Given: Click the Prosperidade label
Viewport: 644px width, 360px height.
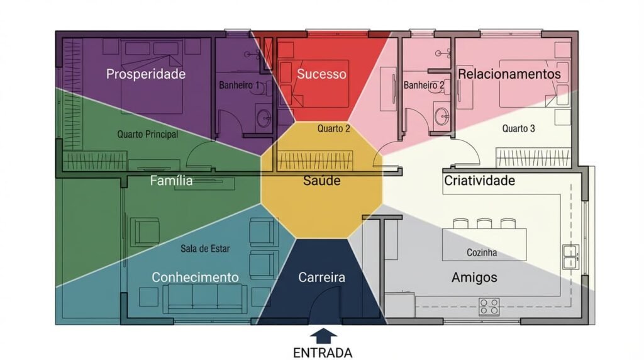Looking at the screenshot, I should click(x=146, y=74).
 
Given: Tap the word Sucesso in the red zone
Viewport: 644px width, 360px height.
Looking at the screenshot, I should click(x=321, y=74).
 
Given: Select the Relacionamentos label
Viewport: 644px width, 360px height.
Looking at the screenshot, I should click(x=509, y=74).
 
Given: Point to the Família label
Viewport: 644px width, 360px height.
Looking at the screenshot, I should click(x=171, y=181).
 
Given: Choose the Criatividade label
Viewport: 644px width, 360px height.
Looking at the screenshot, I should click(x=480, y=181).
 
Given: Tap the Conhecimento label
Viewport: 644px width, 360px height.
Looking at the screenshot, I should click(x=195, y=278).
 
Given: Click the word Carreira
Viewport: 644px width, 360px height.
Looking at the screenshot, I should click(x=321, y=278).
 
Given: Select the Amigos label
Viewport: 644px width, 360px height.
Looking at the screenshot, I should click(x=474, y=278).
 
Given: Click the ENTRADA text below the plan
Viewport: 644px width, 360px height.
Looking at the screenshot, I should click(x=322, y=352).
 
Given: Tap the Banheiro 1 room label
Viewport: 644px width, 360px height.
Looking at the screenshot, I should click(x=239, y=85).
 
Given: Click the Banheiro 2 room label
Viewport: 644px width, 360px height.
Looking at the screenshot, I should click(x=423, y=85).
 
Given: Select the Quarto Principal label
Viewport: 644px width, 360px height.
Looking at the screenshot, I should click(x=148, y=134).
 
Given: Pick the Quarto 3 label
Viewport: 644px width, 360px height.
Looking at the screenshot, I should click(x=518, y=129).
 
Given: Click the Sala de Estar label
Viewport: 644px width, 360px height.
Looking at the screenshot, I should click(x=205, y=249).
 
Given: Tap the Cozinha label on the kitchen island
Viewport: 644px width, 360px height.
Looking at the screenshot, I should click(x=482, y=253).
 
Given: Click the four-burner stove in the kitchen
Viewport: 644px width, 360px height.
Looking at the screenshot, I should click(x=489, y=306).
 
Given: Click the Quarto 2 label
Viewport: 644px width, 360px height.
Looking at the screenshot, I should click(x=333, y=129).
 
